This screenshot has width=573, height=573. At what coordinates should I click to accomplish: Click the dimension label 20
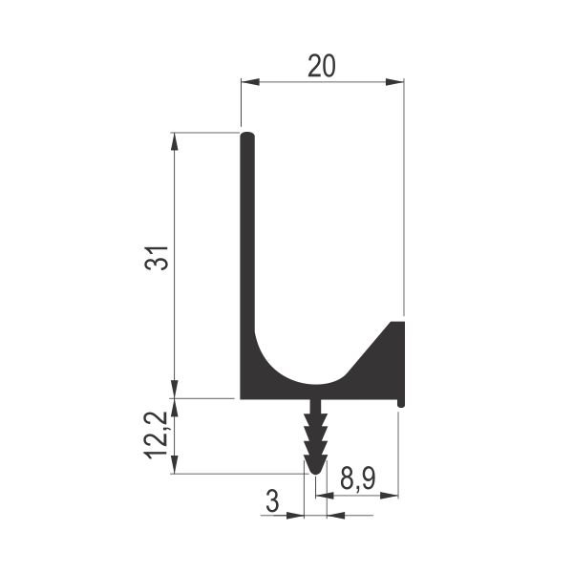[321, 66]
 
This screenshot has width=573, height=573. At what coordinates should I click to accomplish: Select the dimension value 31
[157, 258]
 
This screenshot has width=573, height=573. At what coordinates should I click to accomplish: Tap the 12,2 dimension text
[156, 435]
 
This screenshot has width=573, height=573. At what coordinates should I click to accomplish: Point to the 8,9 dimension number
[358, 478]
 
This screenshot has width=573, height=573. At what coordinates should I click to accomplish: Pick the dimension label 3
[272, 501]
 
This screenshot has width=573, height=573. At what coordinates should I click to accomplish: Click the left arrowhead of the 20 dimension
[250, 82]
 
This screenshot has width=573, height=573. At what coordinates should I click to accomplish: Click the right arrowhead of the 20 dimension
[394, 82]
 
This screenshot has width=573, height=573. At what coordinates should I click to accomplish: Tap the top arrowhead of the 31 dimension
[175, 141]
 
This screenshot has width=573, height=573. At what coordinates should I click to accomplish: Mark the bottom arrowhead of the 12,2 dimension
[175, 464]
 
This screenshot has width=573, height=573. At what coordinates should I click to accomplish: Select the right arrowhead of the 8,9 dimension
[390, 496]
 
